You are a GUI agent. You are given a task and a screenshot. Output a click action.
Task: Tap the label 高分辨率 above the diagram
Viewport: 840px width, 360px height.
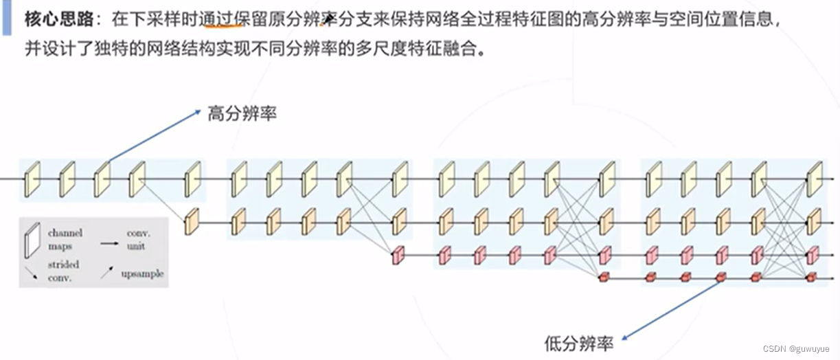click(242, 114)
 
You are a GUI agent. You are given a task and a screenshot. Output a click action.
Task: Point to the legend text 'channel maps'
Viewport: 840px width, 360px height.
click(65, 239)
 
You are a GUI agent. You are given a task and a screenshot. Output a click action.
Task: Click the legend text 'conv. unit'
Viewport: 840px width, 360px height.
click(138, 239)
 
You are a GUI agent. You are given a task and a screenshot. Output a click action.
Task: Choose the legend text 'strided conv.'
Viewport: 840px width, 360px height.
click(63, 271)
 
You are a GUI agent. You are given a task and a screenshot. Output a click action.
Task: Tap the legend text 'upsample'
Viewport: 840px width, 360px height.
click(142, 273)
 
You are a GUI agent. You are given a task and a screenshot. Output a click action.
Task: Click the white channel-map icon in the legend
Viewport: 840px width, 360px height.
click(31, 240)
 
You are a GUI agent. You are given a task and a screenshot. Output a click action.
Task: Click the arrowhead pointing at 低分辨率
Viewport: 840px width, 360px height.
click(625, 337)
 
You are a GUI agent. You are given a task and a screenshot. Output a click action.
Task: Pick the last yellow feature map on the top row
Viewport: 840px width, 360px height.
click(814, 179)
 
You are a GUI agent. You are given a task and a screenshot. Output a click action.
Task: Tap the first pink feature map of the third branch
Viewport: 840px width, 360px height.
click(397, 256)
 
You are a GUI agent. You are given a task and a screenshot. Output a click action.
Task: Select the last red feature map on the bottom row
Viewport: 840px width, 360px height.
click(812, 276)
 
